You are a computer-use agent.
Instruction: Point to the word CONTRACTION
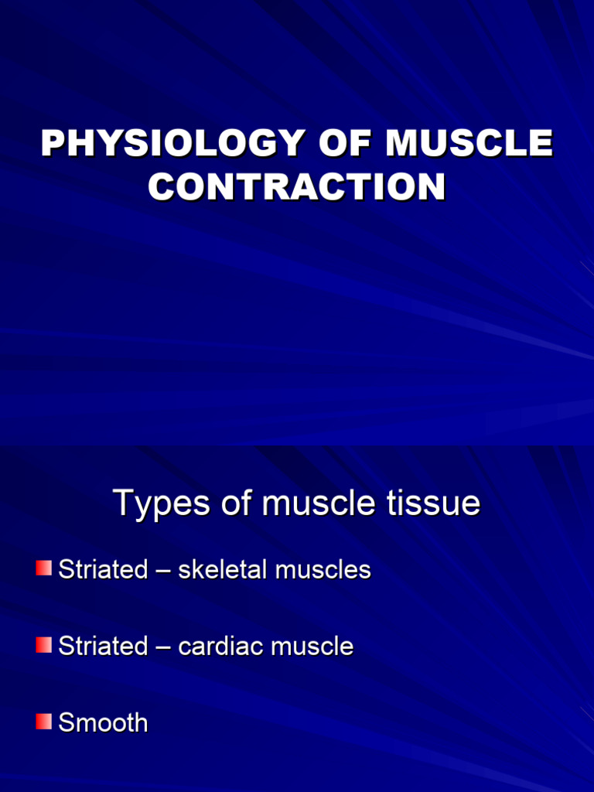[x=297, y=187]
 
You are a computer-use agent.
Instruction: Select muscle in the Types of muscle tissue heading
[x=317, y=504]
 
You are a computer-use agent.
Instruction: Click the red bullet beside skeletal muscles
[x=43, y=569]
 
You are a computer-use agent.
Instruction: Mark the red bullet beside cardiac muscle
[x=43, y=645]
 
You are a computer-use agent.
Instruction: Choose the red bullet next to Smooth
[x=43, y=722]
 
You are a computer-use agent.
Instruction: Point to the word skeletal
[x=224, y=570]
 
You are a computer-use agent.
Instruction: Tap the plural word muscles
[x=323, y=570]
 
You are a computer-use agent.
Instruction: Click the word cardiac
[x=220, y=646]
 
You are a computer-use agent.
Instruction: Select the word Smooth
[x=103, y=722]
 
